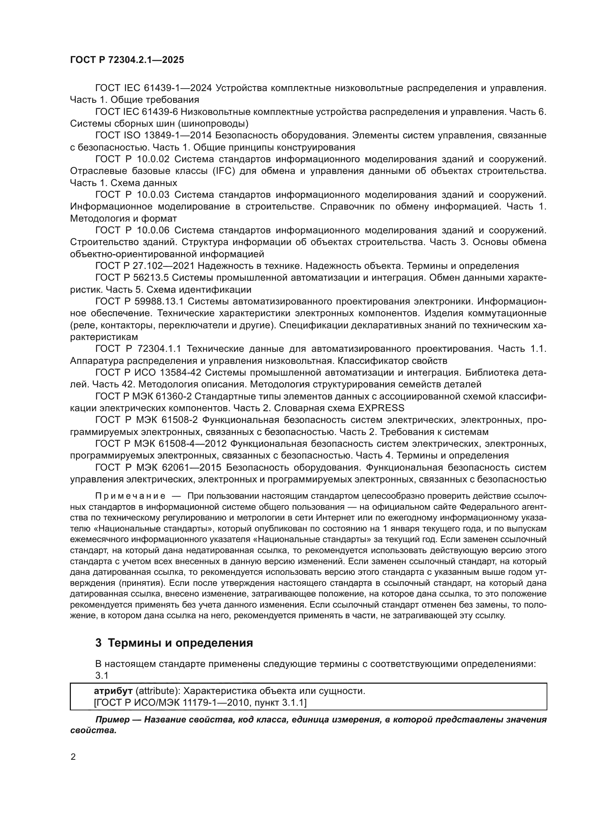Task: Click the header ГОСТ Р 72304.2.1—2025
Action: [x=127, y=60]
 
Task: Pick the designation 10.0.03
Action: [x=153, y=195]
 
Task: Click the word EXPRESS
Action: [x=381, y=408]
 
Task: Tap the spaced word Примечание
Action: [x=130, y=496]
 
